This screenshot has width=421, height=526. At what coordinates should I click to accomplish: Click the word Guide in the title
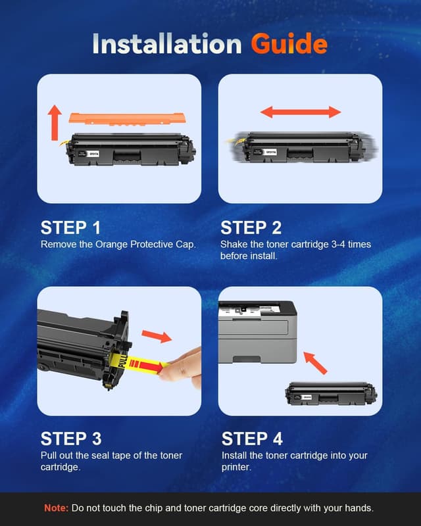[289, 44]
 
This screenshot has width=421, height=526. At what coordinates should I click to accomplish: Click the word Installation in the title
[168, 44]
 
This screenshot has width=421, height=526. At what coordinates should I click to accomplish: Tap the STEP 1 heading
[70, 228]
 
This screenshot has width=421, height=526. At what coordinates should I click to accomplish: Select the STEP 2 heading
[251, 228]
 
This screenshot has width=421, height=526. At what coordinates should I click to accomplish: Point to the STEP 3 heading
[70, 439]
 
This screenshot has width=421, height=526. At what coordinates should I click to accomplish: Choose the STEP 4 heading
[252, 439]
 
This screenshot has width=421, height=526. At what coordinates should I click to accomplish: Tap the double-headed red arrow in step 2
[301, 112]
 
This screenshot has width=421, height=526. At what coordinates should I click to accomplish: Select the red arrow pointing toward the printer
[316, 361]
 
